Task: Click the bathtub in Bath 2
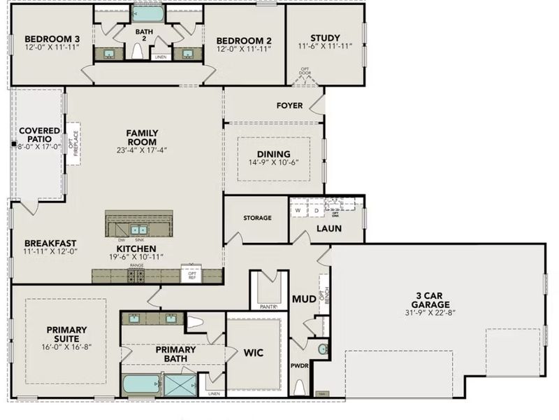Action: [x=148, y=13]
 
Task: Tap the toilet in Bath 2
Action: [x=138, y=51]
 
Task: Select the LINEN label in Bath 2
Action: [x=160, y=57]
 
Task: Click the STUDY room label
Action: [x=324, y=38]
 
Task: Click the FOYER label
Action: [x=290, y=106]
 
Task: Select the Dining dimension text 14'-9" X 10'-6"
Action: [x=273, y=163]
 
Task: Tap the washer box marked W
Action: [x=298, y=209]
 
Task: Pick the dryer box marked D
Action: [x=315, y=209]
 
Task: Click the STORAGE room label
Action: [x=257, y=218]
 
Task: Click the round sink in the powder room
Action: [x=322, y=349]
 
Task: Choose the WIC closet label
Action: [x=254, y=353]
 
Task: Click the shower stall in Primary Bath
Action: [x=180, y=385]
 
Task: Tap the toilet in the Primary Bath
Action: [x=196, y=323]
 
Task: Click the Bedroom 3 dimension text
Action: [x=52, y=48]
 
